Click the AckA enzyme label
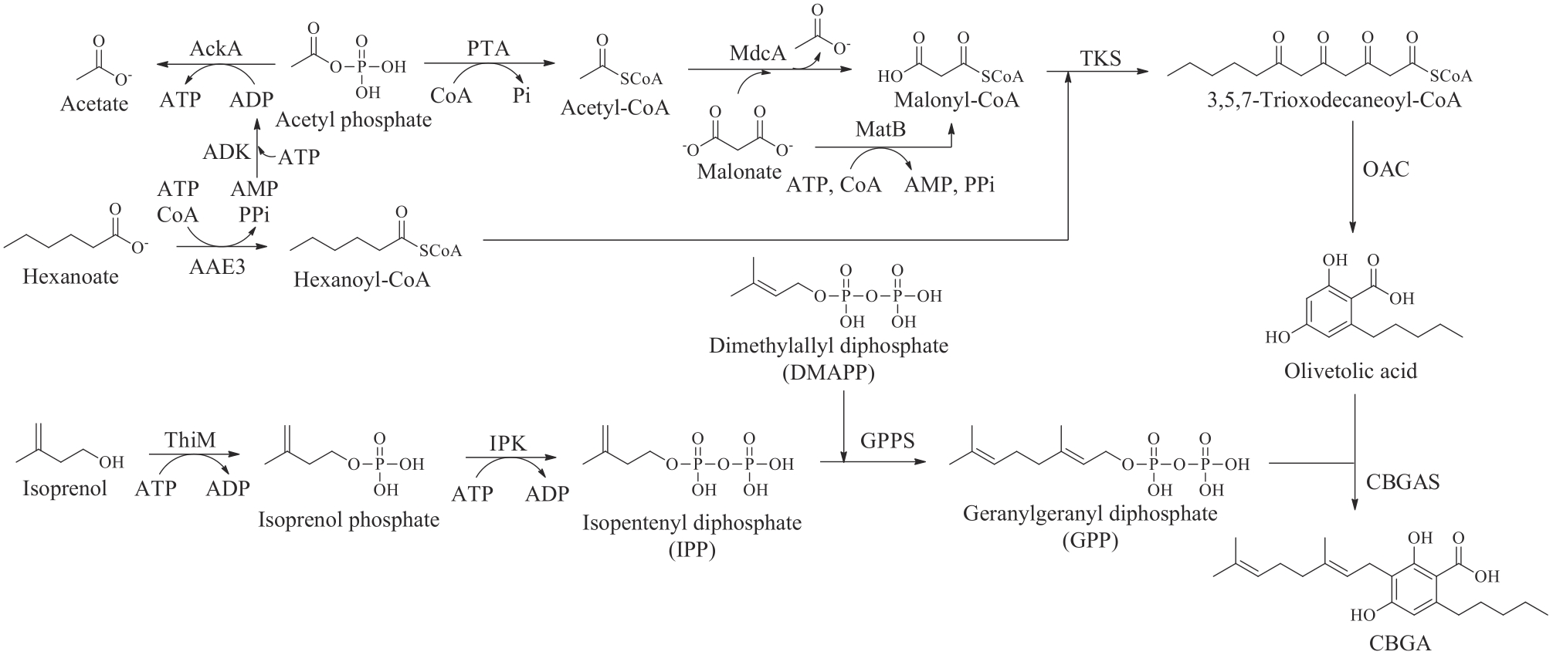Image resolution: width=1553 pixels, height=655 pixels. (x=215, y=49)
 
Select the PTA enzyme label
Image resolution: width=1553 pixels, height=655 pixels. (x=488, y=49)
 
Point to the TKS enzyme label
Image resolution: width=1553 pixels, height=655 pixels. (x=1100, y=59)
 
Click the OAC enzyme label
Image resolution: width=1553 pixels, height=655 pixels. (x=1386, y=169)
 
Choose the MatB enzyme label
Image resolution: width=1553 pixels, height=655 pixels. (x=880, y=129)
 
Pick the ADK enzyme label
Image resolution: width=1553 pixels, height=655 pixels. (x=226, y=152)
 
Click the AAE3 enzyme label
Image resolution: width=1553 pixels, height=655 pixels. (x=217, y=267)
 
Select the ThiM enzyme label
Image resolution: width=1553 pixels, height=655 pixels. (x=190, y=441)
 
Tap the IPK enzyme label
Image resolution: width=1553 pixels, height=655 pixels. (x=507, y=444)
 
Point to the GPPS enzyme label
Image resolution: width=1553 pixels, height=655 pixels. (x=887, y=441)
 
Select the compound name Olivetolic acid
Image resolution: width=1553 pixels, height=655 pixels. (x=1351, y=371)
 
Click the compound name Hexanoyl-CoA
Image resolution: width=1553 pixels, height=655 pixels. (x=361, y=279)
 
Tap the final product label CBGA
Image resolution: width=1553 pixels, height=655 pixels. (x=1399, y=643)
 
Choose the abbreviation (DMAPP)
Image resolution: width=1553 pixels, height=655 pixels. (x=828, y=373)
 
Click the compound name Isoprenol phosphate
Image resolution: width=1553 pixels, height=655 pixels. (x=348, y=520)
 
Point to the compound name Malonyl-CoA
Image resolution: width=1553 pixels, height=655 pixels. (x=956, y=100)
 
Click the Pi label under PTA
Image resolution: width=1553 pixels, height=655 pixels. (x=522, y=96)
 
